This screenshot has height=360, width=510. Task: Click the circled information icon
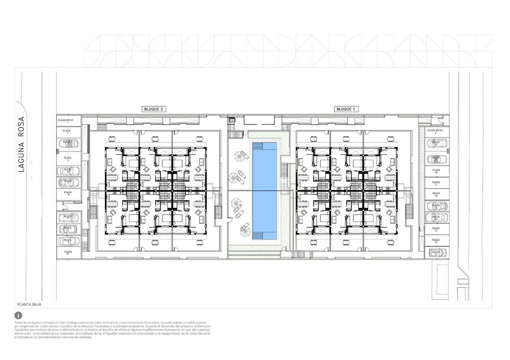tap(18, 315)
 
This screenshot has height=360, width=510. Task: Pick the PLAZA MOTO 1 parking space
tap(68, 121)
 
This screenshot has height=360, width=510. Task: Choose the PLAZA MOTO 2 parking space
tap(435, 132)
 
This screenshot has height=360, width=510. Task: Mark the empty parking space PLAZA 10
tap(68, 253)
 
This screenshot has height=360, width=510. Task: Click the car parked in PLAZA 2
tap(68, 143)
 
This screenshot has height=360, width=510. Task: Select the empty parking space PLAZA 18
tap(436, 171)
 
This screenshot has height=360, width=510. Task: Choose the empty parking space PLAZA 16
tap(436, 194)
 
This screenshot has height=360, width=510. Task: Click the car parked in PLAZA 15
tap(436, 206)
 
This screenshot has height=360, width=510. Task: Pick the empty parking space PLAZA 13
tap(436, 230)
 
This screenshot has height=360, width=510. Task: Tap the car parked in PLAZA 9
tap(68, 241)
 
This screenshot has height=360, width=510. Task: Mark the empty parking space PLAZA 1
tap(68, 132)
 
